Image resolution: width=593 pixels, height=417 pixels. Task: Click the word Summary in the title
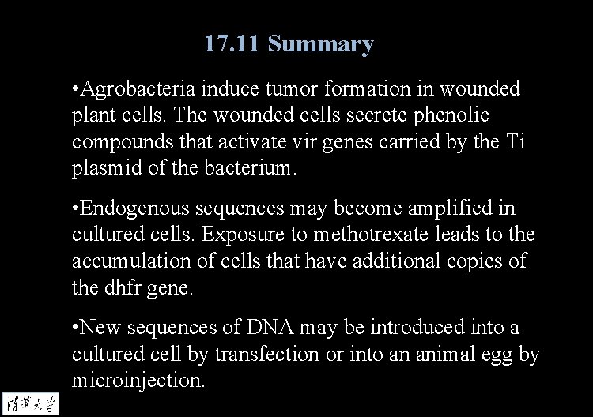click(320, 44)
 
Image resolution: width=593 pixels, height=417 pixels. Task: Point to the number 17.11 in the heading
click(232, 44)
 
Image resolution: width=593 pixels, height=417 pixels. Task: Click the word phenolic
click(451, 115)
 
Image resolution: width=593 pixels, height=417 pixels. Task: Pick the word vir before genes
click(326, 141)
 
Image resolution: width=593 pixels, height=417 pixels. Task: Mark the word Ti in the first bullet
click(515, 141)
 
